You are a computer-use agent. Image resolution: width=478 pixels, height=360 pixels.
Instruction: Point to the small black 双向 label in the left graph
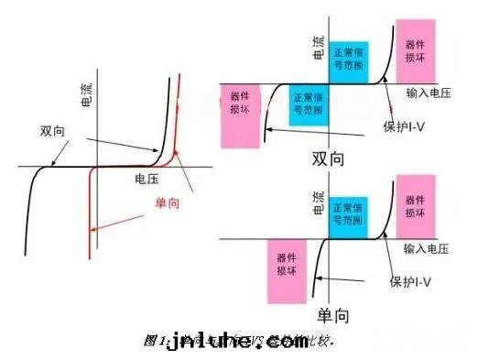tap(52, 131)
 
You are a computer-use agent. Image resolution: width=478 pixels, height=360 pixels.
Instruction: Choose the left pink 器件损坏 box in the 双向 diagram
tap(242, 114)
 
